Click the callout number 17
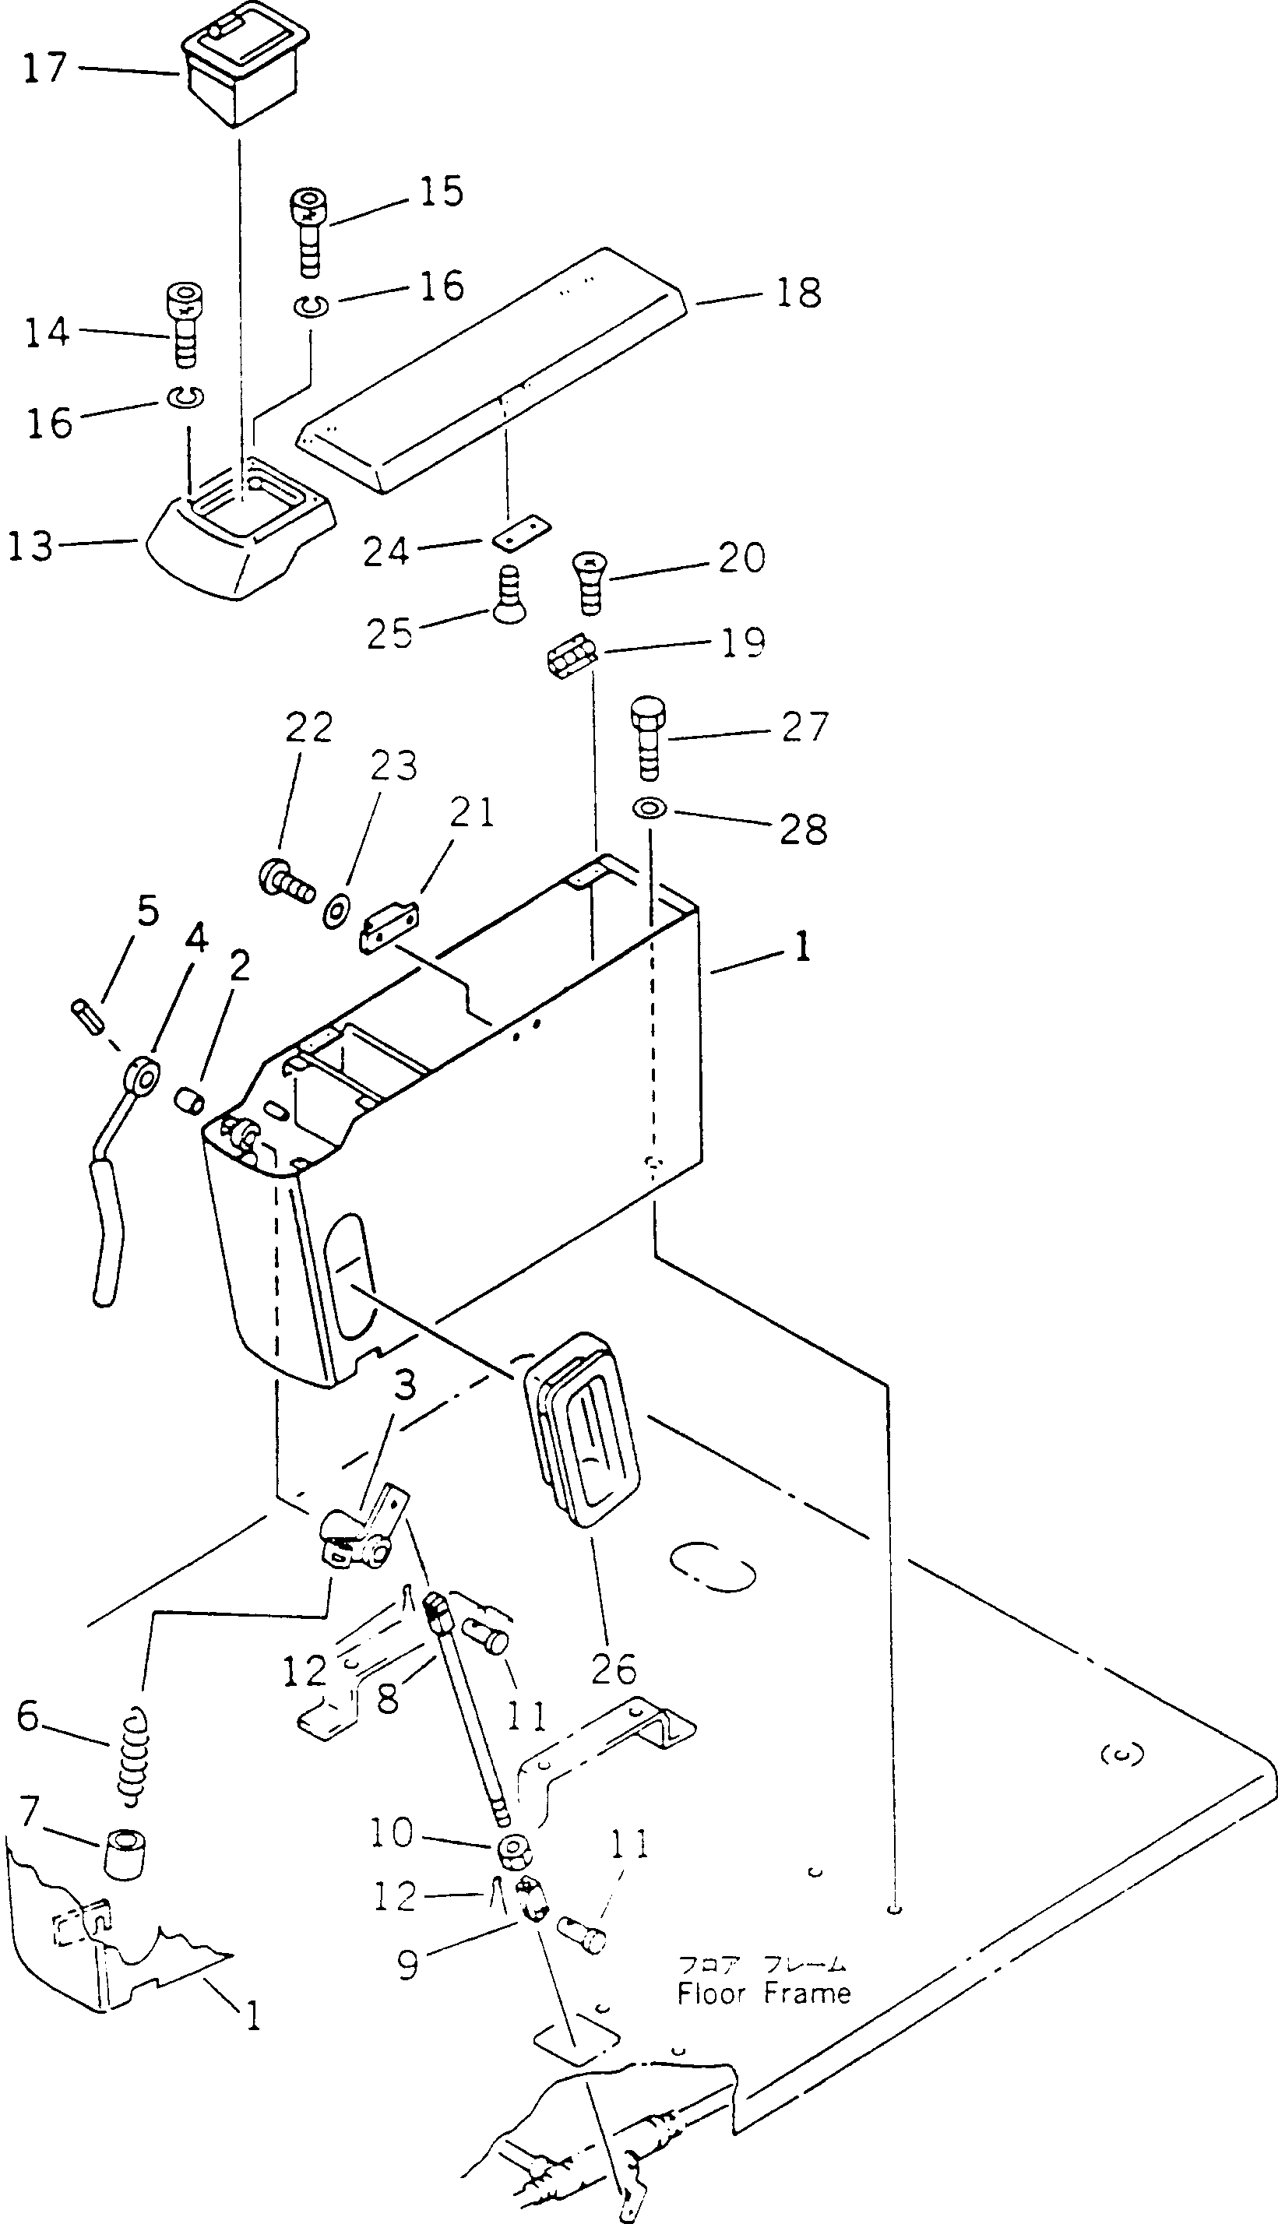pyautogui.click(x=44, y=68)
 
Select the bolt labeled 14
pyautogui.click(x=182, y=325)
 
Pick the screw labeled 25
pyautogui.click(x=505, y=596)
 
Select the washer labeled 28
pyautogui.click(x=648, y=808)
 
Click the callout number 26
pyautogui.click(x=613, y=1669)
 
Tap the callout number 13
pyautogui.click(x=30, y=546)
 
